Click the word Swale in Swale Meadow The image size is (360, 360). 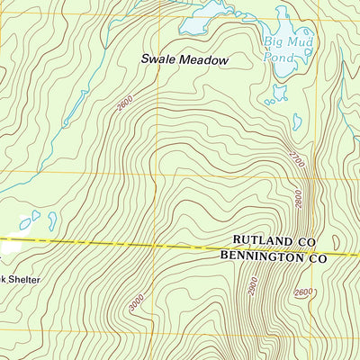tap(157, 60)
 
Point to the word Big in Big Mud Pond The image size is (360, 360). tap(273, 41)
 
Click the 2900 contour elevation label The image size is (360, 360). tap(253, 286)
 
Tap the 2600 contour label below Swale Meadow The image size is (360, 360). tap(123, 104)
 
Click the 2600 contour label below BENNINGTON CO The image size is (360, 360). tap(303, 292)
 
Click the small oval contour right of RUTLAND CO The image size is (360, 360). tap(336, 243)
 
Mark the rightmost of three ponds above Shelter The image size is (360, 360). tap(52, 220)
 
